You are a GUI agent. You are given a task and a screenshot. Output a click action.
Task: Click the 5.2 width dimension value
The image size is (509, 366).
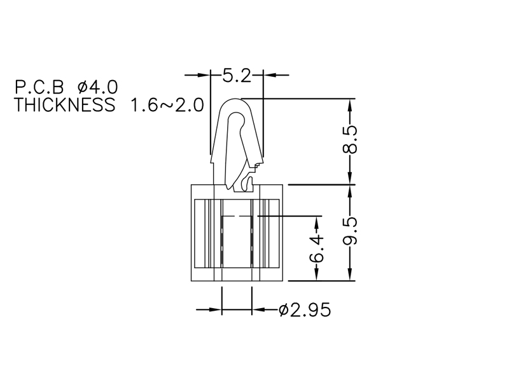pos(237,76)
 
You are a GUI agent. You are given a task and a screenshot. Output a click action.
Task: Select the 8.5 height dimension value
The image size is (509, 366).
pos(350,139)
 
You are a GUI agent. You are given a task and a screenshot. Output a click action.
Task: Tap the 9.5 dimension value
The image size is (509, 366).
pos(350,231)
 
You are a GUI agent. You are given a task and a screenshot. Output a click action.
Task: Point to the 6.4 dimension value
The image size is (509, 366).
pos(316,248)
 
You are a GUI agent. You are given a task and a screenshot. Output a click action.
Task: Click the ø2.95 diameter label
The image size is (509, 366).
pos(305,310)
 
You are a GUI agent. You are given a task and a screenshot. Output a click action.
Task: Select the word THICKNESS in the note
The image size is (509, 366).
pos(65,104)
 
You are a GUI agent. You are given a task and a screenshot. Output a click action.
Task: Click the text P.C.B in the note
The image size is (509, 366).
pos(39,87)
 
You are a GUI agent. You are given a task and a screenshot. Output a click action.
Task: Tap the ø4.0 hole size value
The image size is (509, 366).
pos(97,87)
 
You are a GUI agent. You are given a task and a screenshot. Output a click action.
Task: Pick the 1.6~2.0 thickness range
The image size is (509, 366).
pos(167,105)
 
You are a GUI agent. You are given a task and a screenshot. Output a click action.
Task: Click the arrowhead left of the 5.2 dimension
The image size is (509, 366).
pos(204,75)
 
